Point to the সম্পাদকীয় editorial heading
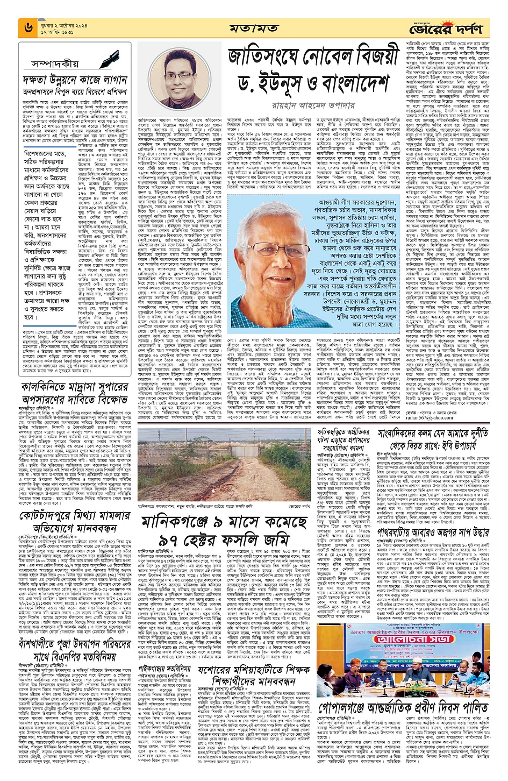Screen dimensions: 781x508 (x=54, y=63)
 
